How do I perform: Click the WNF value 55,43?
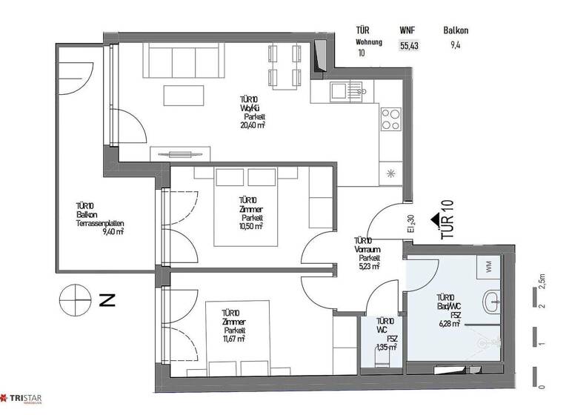[409, 46]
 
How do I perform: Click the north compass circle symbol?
[76, 300]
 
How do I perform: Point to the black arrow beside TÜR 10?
[435, 220]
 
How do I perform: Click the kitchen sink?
[347, 92]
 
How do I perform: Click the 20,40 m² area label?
[253, 126]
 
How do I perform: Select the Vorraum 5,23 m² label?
[367, 266]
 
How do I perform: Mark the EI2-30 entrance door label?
[410, 223]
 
